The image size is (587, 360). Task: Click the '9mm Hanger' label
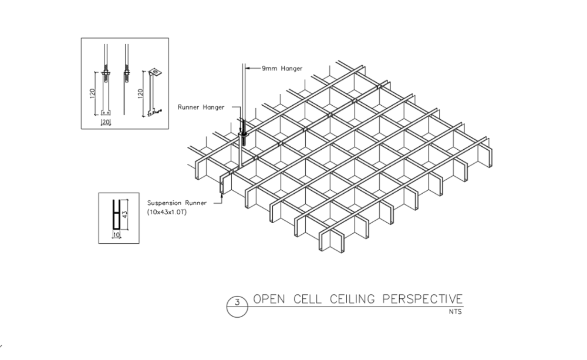[x=283, y=69]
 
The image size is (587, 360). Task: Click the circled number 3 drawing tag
[x=237, y=304]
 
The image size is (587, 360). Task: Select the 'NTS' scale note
[x=456, y=312]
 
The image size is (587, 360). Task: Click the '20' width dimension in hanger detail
[x=106, y=122]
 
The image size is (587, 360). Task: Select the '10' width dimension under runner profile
[x=116, y=234]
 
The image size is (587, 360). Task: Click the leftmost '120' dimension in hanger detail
[x=93, y=94]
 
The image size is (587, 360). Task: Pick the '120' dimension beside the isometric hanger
[x=140, y=94]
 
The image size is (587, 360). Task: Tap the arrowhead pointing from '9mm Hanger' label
[x=247, y=69]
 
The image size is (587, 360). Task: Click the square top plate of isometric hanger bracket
[x=155, y=72]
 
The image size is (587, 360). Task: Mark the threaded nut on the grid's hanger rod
[x=243, y=139]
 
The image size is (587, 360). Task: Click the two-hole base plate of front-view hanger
[x=106, y=112]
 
